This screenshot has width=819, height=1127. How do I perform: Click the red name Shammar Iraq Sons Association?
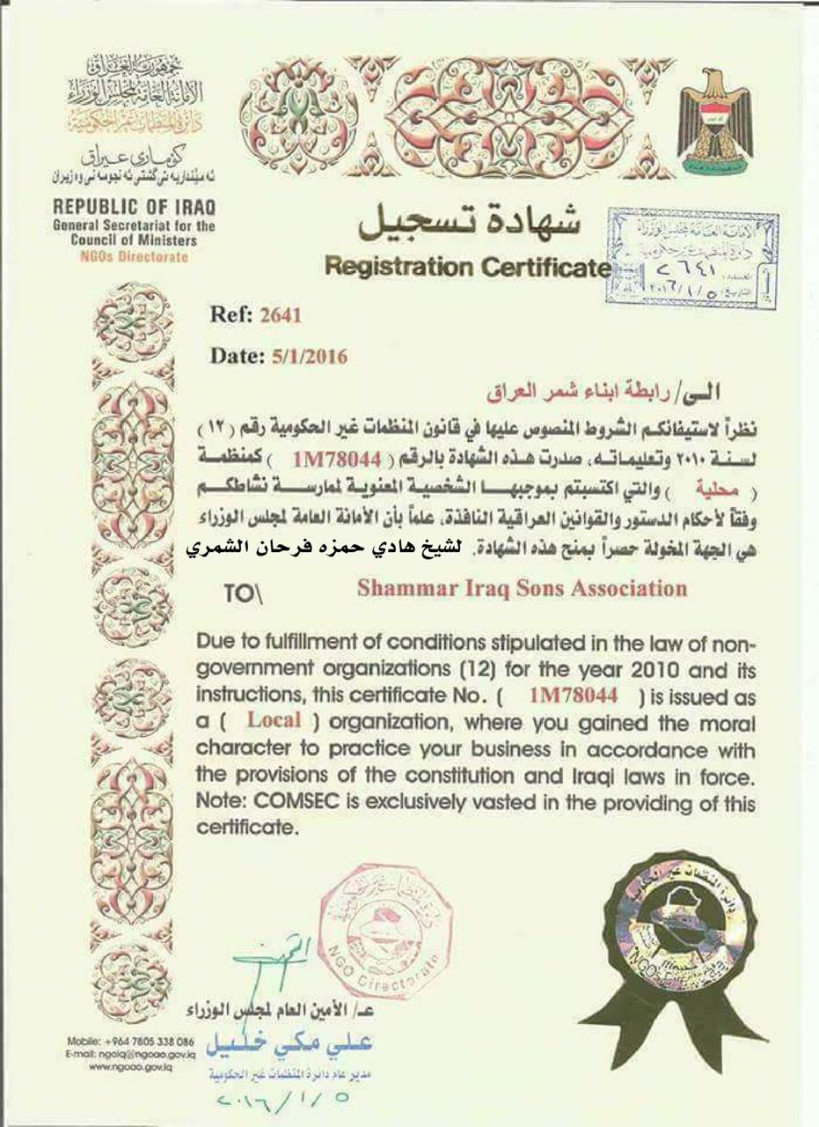522,587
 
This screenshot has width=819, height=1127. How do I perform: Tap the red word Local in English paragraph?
274,719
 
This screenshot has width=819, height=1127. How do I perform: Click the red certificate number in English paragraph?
575,696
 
